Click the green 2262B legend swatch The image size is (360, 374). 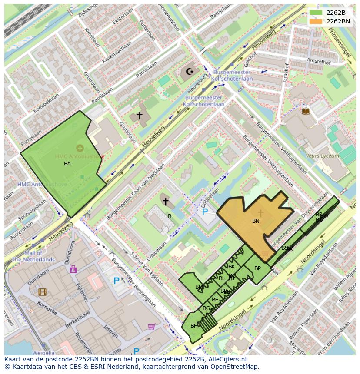[x=316, y=12]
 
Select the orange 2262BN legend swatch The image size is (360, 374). [x=316, y=21]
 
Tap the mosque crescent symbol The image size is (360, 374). [x=190, y=71]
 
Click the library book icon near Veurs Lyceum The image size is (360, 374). [x=306, y=111]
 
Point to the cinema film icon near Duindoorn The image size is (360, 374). [x=42, y=292]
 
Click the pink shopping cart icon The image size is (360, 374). [x=151, y=326]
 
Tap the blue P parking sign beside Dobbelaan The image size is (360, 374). [x=205, y=212]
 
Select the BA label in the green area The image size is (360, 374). [x=67, y=164]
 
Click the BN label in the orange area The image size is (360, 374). [x=256, y=221]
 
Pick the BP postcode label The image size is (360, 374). [x=257, y=268]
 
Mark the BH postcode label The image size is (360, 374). [x=194, y=325]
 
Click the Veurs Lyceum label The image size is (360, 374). [x=322, y=156]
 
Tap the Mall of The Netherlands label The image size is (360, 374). [x=33, y=256]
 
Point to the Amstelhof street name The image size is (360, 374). [x=319, y=61]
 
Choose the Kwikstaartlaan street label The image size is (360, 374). [x=117, y=53]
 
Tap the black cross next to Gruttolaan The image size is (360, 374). [x=140, y=115]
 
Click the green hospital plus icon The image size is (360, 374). [x=80, y=148]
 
